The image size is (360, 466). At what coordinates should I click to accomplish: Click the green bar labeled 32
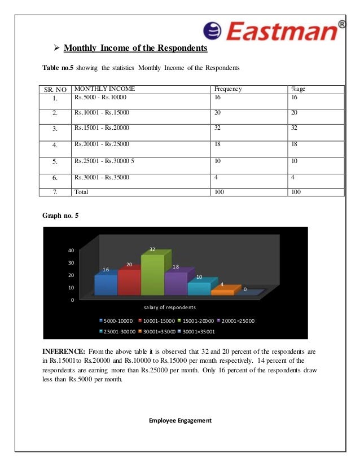click(x=152, y=276)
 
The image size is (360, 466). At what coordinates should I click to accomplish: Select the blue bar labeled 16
click(x=106, y=284)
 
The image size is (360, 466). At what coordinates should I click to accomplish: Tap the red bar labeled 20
click(x=129, y=282)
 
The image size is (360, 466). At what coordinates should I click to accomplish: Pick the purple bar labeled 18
click(x=175, y=283)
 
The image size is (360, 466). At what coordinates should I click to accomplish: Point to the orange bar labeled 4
click(x=222, y=292)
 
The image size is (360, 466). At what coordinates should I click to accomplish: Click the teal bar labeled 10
click(x=199, y=288)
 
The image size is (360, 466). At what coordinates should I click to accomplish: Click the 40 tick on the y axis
click(x=71, y=250)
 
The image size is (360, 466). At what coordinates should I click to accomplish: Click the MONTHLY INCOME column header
click(x=104, y=89)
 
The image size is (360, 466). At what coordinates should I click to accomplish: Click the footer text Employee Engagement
click(x=179, y=420)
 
